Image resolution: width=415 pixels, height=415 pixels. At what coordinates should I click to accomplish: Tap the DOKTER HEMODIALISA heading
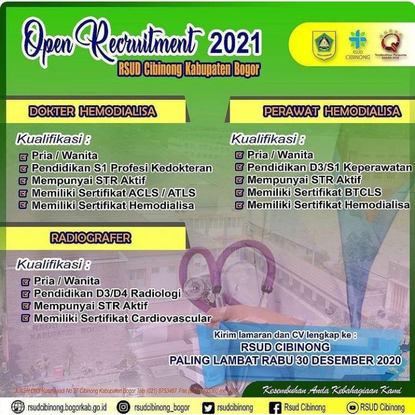click(92, 112)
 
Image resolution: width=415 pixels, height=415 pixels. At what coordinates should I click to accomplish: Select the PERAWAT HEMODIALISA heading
click(332, 112)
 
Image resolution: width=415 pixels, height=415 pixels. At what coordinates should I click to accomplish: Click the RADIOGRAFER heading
click(91, 238)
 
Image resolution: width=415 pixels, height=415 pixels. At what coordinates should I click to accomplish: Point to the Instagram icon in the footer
click(123, 407)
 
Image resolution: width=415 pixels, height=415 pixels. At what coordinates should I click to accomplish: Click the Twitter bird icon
click(208, 407)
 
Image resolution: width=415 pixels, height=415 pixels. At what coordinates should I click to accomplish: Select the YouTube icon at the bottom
click(352, 407)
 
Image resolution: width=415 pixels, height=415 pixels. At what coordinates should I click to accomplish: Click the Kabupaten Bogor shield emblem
click(324, 44)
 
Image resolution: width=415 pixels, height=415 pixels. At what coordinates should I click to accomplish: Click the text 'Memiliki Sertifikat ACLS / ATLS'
click(113, 193)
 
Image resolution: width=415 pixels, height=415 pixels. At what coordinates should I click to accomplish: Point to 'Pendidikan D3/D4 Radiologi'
click(107, 293)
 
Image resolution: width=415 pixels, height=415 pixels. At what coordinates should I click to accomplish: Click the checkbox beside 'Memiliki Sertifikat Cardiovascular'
click(25, 318)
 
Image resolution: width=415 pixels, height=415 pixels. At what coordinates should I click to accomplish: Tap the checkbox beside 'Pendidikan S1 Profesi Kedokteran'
click(23, 169)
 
